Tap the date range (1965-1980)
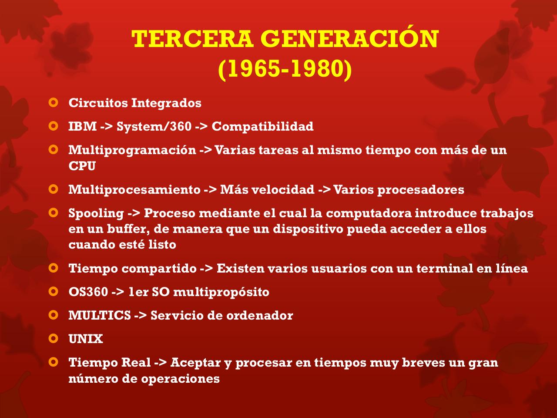285,69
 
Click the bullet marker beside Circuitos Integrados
53,103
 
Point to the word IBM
82,126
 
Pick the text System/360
154,126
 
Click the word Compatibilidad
262,126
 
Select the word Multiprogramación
132,150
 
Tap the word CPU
82,166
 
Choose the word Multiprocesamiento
134,190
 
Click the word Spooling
96,213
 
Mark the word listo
161,245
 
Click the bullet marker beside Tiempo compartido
53,268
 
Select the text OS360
88,292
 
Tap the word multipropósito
221,292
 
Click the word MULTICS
99,315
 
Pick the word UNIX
86,339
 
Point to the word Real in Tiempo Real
136,362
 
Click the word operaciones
180,378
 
